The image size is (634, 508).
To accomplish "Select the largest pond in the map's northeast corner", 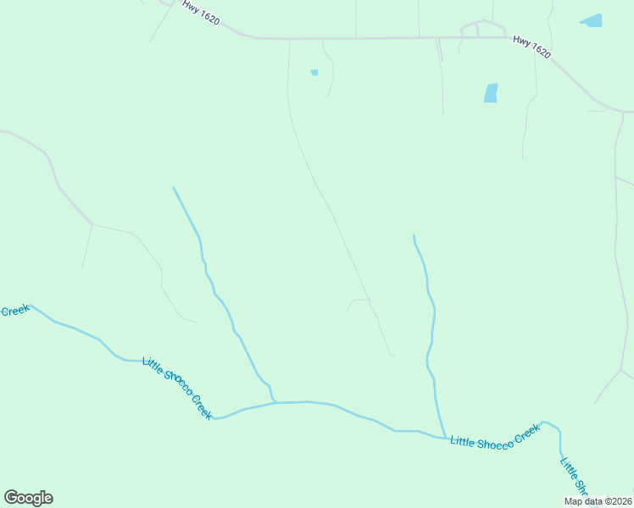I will [x=592, y=20].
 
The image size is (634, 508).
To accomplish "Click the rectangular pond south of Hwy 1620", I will [x=491, y=93].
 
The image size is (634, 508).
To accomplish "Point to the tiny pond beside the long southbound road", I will [x=314, y=73].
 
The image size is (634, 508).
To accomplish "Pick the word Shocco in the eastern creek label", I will [x=493, y=443].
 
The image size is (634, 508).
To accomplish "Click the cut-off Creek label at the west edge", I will [x=14, y=311].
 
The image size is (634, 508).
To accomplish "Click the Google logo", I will [x=29, y=498].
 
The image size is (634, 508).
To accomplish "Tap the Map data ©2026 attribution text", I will [x=597, y=501].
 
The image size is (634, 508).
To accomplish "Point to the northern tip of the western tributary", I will [x=173, y=188].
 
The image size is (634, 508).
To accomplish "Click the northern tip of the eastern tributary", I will [x=414, y=235].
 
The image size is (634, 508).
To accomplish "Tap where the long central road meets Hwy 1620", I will [x=290, y=39].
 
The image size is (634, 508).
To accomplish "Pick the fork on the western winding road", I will [x=92, y=224].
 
